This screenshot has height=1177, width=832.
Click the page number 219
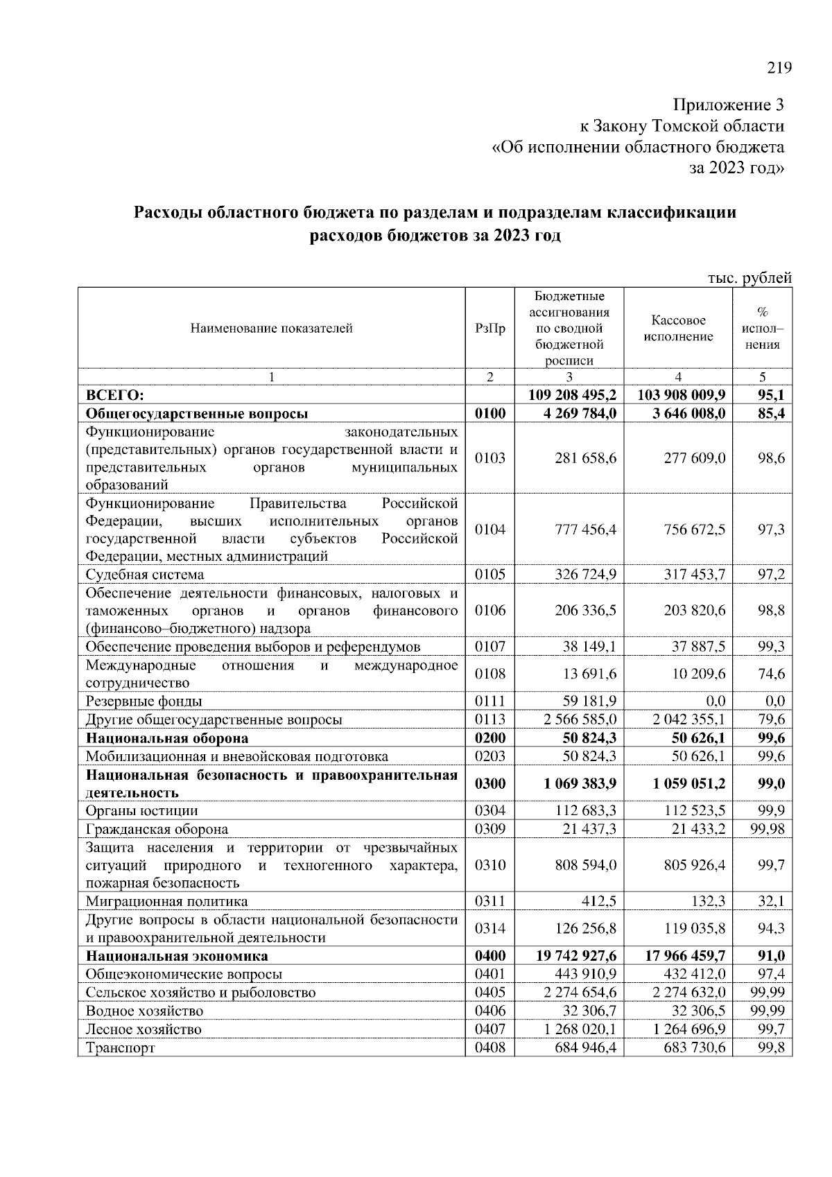779,68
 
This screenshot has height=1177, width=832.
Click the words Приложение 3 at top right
729,105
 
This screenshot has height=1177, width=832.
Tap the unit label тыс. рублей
749,278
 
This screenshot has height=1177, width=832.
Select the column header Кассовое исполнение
678,329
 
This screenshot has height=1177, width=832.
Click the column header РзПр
490,329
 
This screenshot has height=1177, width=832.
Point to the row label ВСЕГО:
115,395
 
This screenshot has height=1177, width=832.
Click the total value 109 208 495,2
572,395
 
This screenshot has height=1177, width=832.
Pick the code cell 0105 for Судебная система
490,575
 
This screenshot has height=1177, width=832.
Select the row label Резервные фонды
144,701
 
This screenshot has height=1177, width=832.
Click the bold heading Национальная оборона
167,738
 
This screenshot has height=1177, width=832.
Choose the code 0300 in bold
490,784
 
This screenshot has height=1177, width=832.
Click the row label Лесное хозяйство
144,1029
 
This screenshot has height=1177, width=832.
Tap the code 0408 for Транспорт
490,1047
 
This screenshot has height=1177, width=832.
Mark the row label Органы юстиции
142,811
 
